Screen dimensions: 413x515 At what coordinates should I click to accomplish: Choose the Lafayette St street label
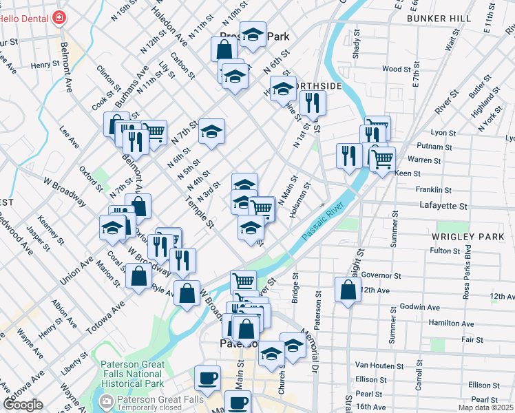coord(443,206)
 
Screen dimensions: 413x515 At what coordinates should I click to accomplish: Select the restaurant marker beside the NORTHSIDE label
coord(313,103)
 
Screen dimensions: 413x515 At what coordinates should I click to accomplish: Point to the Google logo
coord(23,405)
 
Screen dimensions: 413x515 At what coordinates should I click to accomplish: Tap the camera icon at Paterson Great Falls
coord(106,401)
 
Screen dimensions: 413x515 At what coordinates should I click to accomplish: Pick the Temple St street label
coord(200,212)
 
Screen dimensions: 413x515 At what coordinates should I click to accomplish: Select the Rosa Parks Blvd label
coord(467,266)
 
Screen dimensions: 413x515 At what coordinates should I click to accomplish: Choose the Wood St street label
coord(397,69)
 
